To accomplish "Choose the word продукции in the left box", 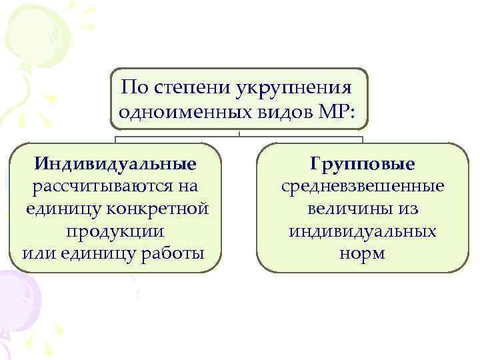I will tap(115, 231).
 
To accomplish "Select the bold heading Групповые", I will tap(363, 163).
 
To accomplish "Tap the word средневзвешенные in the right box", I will tap(363, 186).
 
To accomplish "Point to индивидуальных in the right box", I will tap(363, 231).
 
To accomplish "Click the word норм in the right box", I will tap(363, 254).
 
